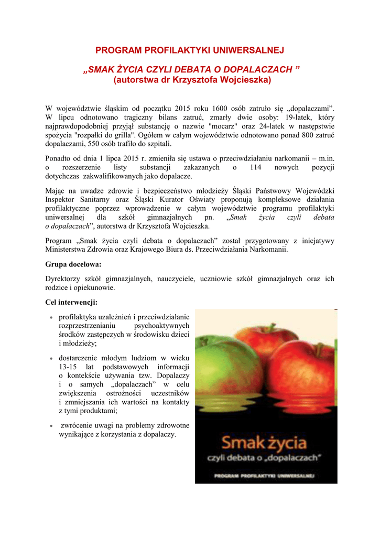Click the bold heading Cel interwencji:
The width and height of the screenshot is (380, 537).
coord(71,303)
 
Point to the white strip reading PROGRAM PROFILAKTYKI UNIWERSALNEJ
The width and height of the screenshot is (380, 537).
coord(265,476)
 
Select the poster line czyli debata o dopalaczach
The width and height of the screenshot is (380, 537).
coord(265,458)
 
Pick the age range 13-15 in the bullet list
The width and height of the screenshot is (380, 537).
coord(69,367)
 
